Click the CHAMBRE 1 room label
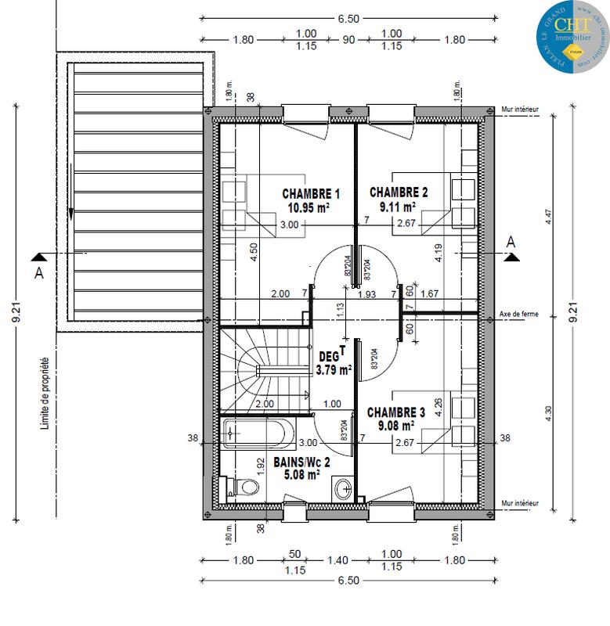point(311,194)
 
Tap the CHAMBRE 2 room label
point(399,192)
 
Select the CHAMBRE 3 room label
point(395,412)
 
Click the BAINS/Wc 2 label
point(301,462)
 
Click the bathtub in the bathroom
point(258,432)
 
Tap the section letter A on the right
point(512,243)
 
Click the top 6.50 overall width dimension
point(348,16)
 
